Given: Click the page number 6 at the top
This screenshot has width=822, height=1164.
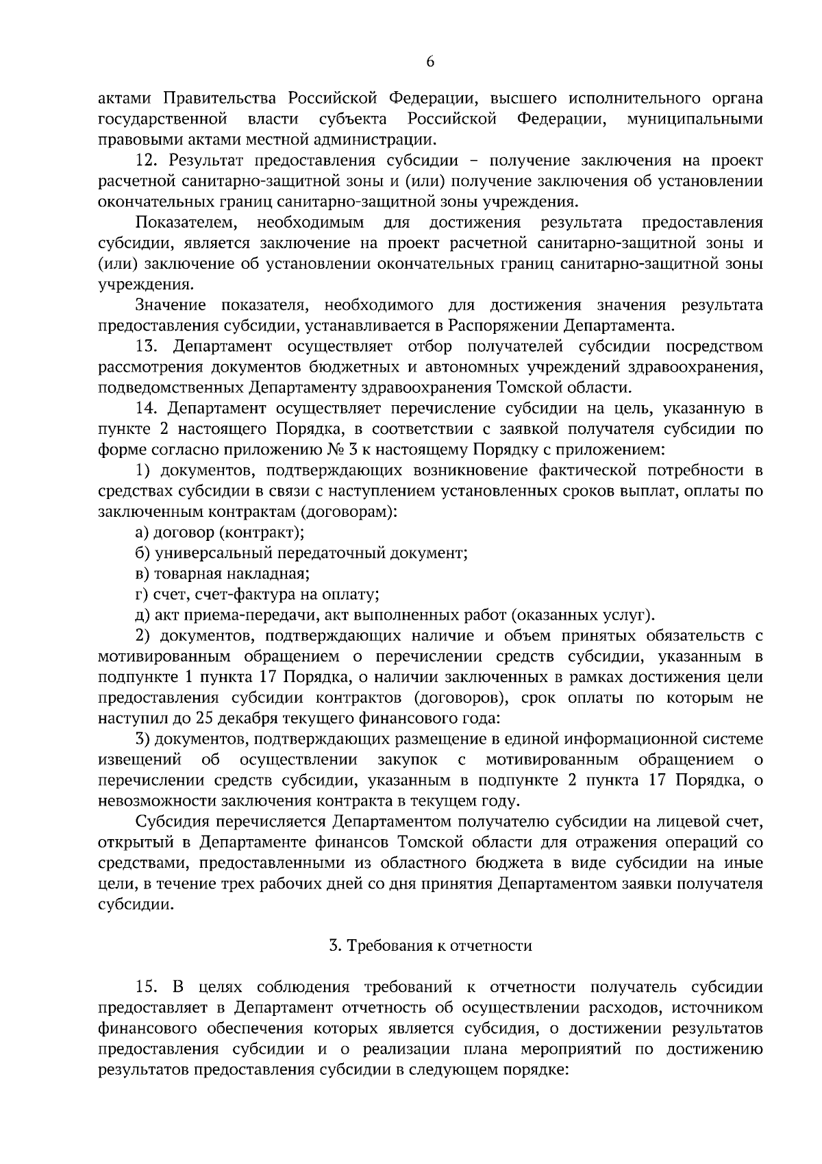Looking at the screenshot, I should tap(429, 62).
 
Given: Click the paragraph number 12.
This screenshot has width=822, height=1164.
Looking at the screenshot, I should tap(147, 160).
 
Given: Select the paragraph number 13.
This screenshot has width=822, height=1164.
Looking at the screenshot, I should tap(147, 346).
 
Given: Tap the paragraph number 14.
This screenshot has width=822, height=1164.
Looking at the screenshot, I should tap(147, 409).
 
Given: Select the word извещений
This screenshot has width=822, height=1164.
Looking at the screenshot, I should tap(140, 760).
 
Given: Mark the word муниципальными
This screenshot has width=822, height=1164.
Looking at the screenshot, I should tap(695, 119).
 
